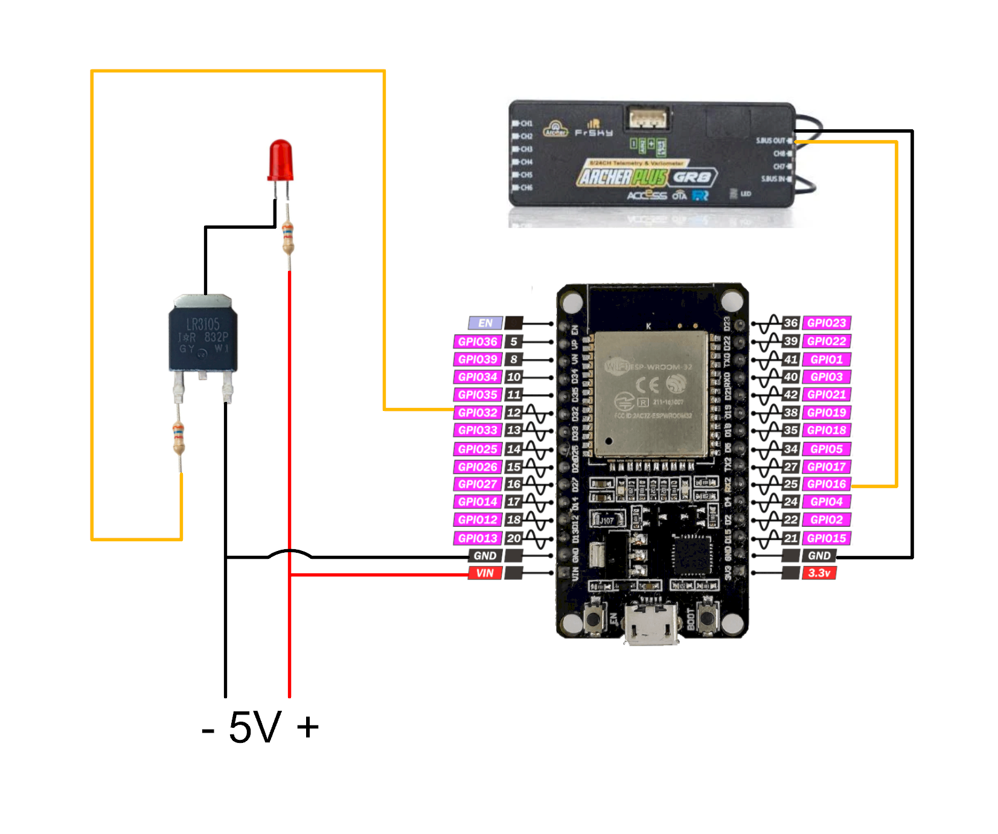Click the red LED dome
[280, 160]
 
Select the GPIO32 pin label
[478, 413]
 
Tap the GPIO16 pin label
[826, 484]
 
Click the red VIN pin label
[485, 573]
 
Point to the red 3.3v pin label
[819, 573]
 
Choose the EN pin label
[485, 323]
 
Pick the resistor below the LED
[288, 238]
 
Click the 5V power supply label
[255, 727]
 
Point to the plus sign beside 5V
[308, 727]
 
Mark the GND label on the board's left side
[485, 556]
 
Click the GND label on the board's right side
[819, 556]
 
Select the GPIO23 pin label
[826, 323]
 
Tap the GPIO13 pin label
[478, 538]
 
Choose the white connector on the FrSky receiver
[648, 118]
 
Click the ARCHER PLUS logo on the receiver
[622, 177]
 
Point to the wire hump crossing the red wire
[290, 552]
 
